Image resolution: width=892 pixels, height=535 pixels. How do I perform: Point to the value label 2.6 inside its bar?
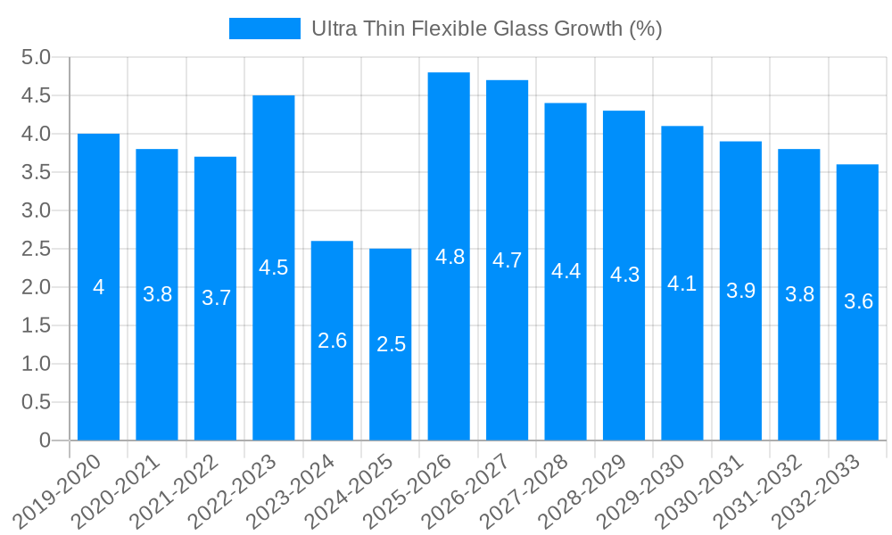[x=332, y=341]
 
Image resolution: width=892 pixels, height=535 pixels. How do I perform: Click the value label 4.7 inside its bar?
[x=507, y=261]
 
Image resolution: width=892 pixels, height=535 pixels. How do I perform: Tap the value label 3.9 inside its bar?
[x=740, y=291]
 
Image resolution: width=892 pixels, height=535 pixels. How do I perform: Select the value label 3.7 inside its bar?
[x=216, y=299]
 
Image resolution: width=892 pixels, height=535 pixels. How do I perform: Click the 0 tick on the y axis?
[x=45, y=440]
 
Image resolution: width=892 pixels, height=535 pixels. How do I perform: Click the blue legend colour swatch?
[x=264, y=29]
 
